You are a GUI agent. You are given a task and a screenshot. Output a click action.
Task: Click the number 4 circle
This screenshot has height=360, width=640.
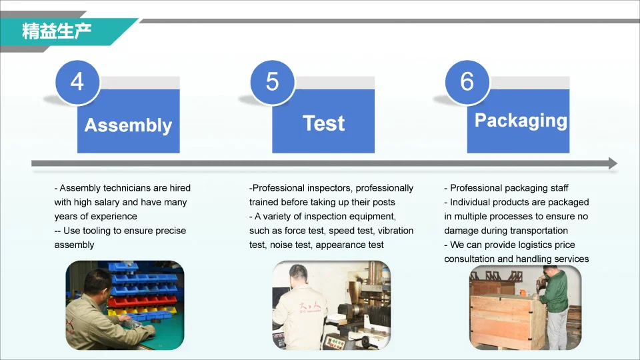[77, 81]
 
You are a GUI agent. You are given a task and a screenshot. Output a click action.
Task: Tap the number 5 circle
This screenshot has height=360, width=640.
[272, 81]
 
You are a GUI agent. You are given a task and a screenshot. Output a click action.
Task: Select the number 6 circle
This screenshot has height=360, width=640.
[467, 81]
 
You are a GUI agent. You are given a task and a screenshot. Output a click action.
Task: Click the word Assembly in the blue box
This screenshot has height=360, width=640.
[128, 125]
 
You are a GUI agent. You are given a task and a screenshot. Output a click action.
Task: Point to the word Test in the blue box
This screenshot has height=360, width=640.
[324, 123]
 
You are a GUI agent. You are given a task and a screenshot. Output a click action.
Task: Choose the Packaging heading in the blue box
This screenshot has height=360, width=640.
[521, 121]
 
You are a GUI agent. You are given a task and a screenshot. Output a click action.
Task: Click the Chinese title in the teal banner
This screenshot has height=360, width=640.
[56, 31]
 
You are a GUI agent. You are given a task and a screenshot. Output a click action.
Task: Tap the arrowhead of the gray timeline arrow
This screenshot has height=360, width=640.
[613, 163]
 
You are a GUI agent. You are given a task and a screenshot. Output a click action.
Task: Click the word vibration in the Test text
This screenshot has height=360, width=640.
[395, 231]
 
